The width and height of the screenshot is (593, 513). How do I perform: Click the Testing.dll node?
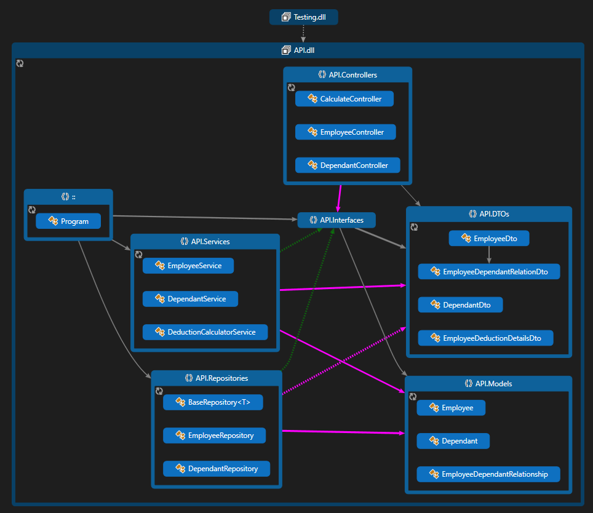tap(303, 17)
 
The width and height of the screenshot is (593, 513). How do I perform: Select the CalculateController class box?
tap(344, 99)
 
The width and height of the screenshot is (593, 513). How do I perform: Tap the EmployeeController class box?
tap(345, 132)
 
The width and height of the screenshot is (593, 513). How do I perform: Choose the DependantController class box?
tap(348, 165)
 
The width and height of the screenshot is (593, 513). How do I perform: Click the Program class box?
tap(68, 221)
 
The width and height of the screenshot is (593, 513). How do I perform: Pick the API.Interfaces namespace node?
tap(336, 220)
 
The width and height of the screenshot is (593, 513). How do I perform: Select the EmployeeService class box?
tap(188, 266)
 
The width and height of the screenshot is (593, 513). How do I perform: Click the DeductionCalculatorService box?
tap(205, 332)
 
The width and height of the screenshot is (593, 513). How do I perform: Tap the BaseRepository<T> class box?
tap(213, 402)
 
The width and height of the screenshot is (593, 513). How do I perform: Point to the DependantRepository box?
tap(217, 469)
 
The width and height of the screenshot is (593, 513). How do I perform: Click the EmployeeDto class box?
tap(488, 238)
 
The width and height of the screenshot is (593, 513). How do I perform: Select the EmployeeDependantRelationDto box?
tap(488, 271)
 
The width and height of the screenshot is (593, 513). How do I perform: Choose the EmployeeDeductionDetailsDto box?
tap(485, 338)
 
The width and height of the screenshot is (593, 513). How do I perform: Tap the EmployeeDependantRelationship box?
tap(488, 474)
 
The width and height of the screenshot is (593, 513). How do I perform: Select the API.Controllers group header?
tap(348, 75)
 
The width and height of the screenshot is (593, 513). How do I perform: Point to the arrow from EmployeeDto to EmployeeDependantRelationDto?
tap(489, 254)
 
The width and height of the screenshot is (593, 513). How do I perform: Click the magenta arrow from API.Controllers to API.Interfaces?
tap(338, 198)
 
